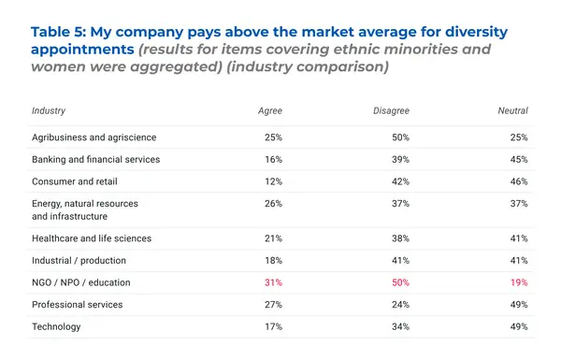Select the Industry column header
point(49,110)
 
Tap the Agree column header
point(270,110)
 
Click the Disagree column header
point(391,110)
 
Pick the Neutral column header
point(512,110)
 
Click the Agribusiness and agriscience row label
point(94,137)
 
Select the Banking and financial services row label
point(95,159)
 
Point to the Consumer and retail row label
point(74,181)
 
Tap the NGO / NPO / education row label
point(81,282)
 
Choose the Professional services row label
point(77,305)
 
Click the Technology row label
point(56,327)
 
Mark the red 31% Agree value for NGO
point(272,282)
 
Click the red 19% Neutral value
point(518,282)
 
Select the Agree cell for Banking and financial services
point(272,159)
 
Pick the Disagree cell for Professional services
point(399,305)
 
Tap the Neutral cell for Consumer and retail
point(518,181)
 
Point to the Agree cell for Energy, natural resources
point(272,204)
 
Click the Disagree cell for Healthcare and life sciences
point(399,238)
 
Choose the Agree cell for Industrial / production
point(272,260)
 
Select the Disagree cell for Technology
point(399,327)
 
